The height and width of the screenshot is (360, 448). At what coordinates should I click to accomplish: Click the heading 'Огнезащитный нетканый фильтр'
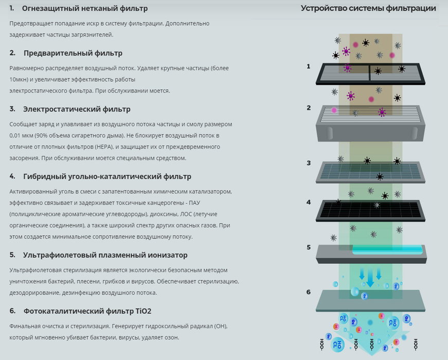click(x=85, y=9)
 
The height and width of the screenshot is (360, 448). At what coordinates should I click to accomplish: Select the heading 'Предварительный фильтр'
click(x=73, y=53)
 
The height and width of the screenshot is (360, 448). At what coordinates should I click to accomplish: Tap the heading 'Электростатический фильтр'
click(x=77, y=110)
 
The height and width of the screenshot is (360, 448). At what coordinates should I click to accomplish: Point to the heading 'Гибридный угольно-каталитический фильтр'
click(x=107, y=176)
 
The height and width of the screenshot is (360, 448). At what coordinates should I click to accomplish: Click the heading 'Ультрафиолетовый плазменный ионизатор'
click(x=105, y=255)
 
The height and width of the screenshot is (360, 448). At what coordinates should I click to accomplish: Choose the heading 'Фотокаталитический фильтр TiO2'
click(x=87, y=311)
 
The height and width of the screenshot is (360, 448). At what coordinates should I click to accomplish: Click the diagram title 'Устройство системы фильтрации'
click(x=368, y=9)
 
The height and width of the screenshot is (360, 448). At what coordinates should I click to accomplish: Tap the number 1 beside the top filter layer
click(x=308, y=66)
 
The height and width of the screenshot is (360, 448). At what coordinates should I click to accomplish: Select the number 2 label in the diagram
click(x=309, y=107)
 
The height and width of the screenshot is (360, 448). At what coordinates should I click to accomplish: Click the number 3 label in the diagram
click(x=309, y=163)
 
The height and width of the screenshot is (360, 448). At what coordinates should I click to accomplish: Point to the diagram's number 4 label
click(x=309, y=202)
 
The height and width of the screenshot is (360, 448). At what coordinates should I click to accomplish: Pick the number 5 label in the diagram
click(x=309, y=247)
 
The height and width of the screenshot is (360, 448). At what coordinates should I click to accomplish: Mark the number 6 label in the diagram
click(x=309, y=292)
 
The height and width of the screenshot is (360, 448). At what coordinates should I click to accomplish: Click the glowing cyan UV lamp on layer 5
click(x=387, y=249)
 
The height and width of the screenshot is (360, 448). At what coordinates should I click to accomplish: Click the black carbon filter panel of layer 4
click(x=370, y=210)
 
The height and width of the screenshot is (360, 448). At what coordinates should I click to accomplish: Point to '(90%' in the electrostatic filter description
click(x=42, y=135)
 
